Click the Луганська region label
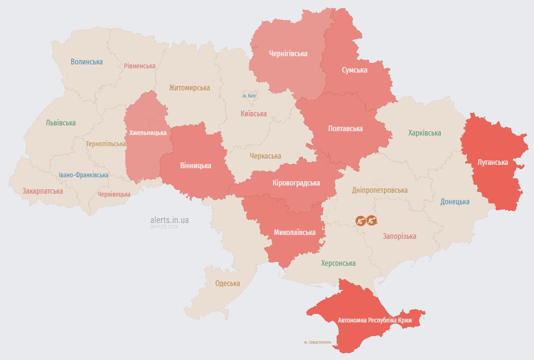[x=492, y=162]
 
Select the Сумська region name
[x=354, y=70]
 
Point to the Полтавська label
[x=345, y=129]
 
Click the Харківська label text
[x=424, y=133]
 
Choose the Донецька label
[x=455, y=202]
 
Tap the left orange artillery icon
[x=360, y=220]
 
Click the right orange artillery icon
[x=371, y=220]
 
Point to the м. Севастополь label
[x=318, y=342]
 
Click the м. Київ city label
[x=249, y=96]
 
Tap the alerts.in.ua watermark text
[x=169, y=220]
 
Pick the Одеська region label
[x=227, y=283]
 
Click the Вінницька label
[x=195, y=166]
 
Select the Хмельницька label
[x=148, y=133]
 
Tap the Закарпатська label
[x=42, y=191]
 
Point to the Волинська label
[x=87, y=62]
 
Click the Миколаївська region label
[x=294, y=233]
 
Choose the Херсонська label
[x=338, y=263]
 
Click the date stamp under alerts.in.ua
[x=164, y=226]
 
